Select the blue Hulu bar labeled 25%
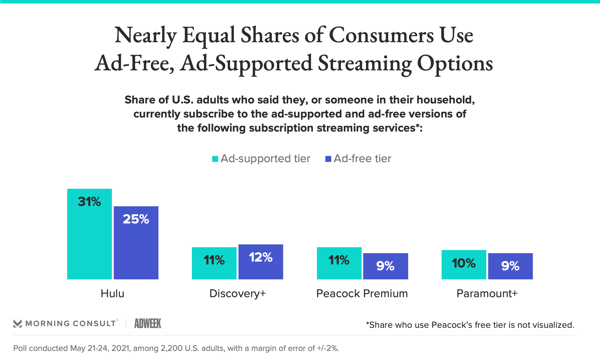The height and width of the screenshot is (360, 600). [x=136, y=242]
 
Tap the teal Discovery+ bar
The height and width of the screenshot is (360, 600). [x=214, y=263]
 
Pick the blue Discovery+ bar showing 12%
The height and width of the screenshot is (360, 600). [x=261, y=262]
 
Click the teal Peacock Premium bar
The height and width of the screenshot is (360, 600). [x=339, y=263]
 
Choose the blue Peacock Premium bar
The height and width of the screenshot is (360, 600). [x=385, y=266]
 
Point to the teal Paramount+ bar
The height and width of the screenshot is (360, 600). [x=464, y=264]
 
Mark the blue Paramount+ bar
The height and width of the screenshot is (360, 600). [x=510, y=266]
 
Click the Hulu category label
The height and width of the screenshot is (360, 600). [x=112, y=293]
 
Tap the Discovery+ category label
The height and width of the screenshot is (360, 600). [x=237, y=293]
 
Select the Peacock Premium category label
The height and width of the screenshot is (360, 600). [x=362, y=293]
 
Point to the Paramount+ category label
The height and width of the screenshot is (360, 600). [x=487, y=293]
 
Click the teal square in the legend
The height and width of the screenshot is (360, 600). [x=215, y=159]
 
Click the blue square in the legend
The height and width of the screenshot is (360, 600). [x=328, y=159]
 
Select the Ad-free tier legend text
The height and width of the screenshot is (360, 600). [x=362, y=158]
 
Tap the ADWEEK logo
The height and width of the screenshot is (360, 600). [x=148, y=323]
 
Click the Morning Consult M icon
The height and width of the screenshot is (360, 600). [x=17, y=323]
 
